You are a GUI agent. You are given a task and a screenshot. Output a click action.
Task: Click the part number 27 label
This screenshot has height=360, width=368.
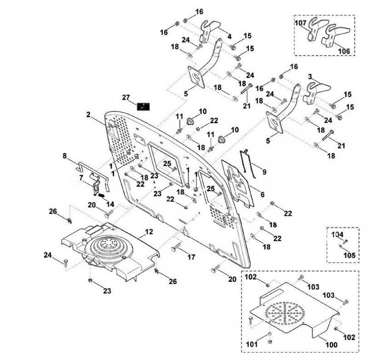pyautogui.click(x=126, y=97)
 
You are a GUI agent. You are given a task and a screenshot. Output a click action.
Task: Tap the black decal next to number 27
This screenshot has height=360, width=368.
pyautogui.click(x=143, y=107)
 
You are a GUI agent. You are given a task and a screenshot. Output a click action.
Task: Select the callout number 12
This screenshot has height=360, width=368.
pyautogui.click(x=149, y=232)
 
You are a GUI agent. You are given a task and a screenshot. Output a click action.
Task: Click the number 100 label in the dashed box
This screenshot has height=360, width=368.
pyautogui.click(x=331, y=345)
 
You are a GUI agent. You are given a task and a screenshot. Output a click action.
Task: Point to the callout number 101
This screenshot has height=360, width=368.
pyautogui.click(x=252, y=344)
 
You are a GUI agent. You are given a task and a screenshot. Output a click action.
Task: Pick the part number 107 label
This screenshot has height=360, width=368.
pyautogui.click(x=301, y=23)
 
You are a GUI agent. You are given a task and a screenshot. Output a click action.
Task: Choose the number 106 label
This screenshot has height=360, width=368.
pyautogui.click(x=344, y=51)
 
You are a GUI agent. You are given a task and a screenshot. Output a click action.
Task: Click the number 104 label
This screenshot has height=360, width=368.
pyautogui.click(x=337, y=234)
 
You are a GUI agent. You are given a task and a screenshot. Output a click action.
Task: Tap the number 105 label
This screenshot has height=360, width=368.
pyautogui.click(x=350, y=255)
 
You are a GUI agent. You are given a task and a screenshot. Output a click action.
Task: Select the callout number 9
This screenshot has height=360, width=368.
pyautogui.click(x=264, y=172)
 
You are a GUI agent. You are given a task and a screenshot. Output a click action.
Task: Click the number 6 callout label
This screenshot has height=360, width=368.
pyautogui.click(x=262, y=194)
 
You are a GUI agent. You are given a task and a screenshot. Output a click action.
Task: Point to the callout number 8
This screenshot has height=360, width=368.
pyautogui.click(x=65, y=156)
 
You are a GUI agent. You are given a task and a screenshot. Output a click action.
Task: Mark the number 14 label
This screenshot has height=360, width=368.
pyautogui.click(x=110, y=204)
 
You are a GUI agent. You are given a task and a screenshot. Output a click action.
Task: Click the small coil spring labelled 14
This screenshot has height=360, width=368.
pyautogui.click(x=101, y=195)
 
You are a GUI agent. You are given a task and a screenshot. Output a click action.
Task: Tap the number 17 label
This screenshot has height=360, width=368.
pyautogui.click(x=191, y=257)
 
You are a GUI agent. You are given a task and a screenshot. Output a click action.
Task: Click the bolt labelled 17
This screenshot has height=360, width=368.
pyautogui.click(x=177, y=247)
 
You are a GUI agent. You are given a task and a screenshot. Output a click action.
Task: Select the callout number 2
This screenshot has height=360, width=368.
pyautogui.click(x=88, y=114)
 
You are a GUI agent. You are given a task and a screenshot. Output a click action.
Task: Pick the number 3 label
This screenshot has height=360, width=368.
pyautogui.click(x=310, y=76)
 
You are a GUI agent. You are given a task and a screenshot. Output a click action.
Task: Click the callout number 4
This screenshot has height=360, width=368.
pyautogui.click(x=229, y=36)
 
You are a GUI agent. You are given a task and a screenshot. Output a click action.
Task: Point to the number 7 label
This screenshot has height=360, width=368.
pyautogui.click(x=81, y=178)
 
